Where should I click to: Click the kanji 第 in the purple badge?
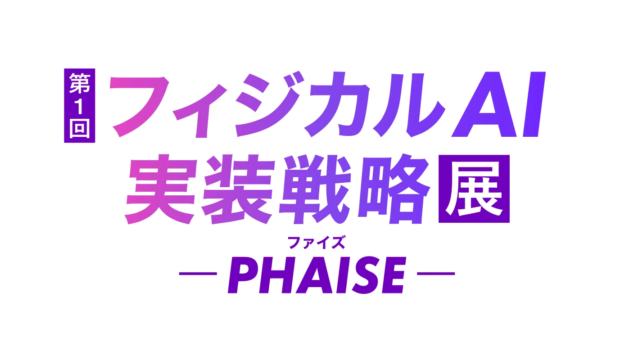click(80, 83)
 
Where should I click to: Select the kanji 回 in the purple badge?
click(80, 129)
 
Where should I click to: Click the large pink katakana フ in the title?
click(139, 107)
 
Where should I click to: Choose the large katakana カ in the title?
click(337, 104)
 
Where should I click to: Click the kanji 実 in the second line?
click(160, 189)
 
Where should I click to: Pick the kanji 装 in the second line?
click(238, 189)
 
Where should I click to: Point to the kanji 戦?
click(315, 189)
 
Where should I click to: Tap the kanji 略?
click(394, 189)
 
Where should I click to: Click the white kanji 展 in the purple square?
click(474, 189)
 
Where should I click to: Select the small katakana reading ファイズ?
click(317, 243)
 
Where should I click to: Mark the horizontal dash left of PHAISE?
click(198, 274)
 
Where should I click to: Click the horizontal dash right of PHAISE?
click(436, 274)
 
